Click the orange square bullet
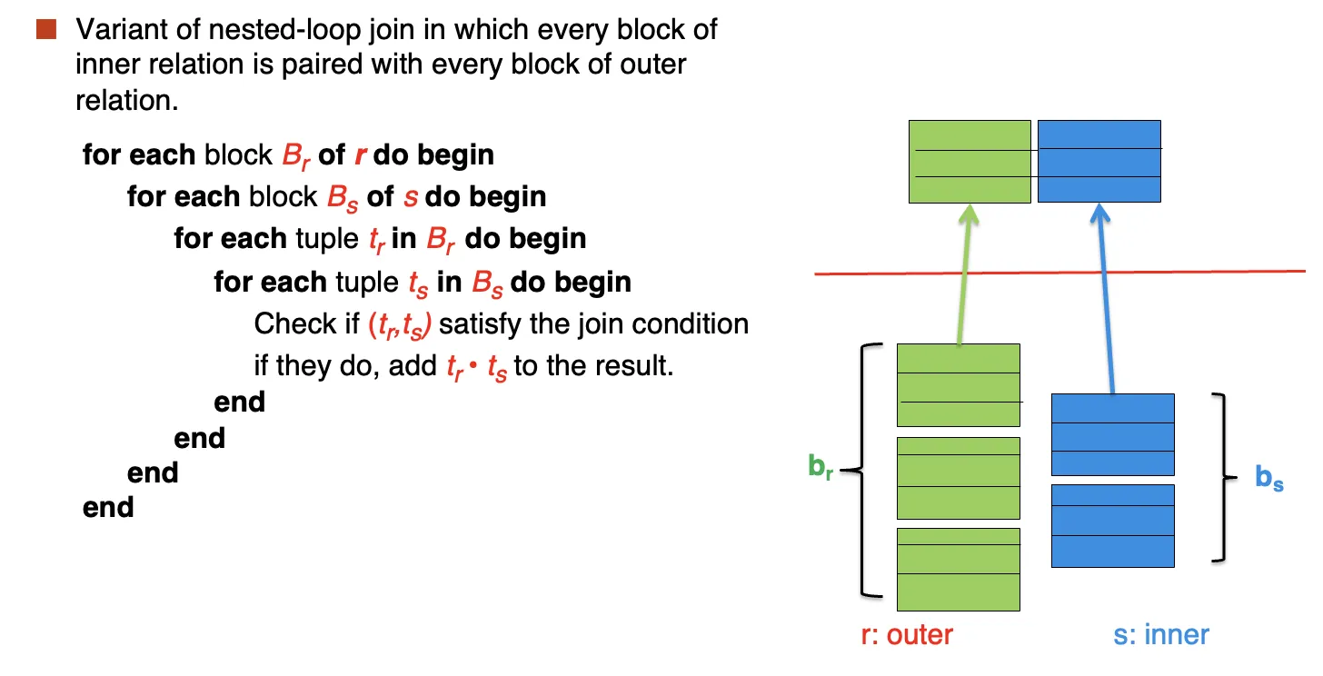click(x=46, y=29)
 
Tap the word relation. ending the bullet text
click(x=127, y=100)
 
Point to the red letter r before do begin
click(x=360, y=155)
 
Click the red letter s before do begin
click(x=411, y=197)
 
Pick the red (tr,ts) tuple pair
click(x=400, y=325)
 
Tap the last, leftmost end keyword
click(x=108, y=508)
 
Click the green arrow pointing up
click(x=964, y=274)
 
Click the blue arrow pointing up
click(x=1106, y=298)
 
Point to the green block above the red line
click(x=970, y=162)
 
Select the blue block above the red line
click(x=1099, y=161)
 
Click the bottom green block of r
click(x=959, y=570)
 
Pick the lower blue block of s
click(x=1113, y=526)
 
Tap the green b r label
click(x=821, y=467)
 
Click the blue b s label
click(x=1269, y=478)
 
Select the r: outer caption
click(x=907, y=635)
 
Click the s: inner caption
click(x=1161, y=635)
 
